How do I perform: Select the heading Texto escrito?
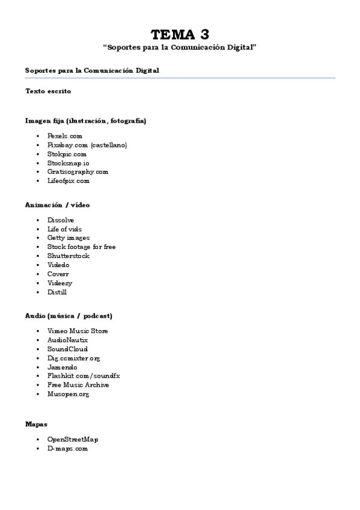click(x=48, y=91)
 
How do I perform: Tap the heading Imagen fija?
click(x=85, y=120)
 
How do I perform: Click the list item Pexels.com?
click(x=65, y=136)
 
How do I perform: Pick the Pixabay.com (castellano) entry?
click(x=87, y=145)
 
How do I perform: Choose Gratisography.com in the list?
click(x=78, y=171)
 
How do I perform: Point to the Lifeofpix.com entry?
click(x=69, y=180)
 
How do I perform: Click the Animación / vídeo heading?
click(x=58, y=204)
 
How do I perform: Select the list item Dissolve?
click(x=61, y=220)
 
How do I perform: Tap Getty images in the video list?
click(x=69, y=238)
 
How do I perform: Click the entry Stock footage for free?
click(x=82, y=247)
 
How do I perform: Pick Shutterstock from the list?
click(x=69, y=256)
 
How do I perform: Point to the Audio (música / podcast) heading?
click(x=69, y=315)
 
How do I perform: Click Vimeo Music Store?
click(x=78, y=331)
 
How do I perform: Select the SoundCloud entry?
click(x=67, y=349)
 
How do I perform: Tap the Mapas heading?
click(x=36, y=423)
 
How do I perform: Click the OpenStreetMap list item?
click(x=72, y=439)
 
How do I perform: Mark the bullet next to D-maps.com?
click(x=37, y=449)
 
